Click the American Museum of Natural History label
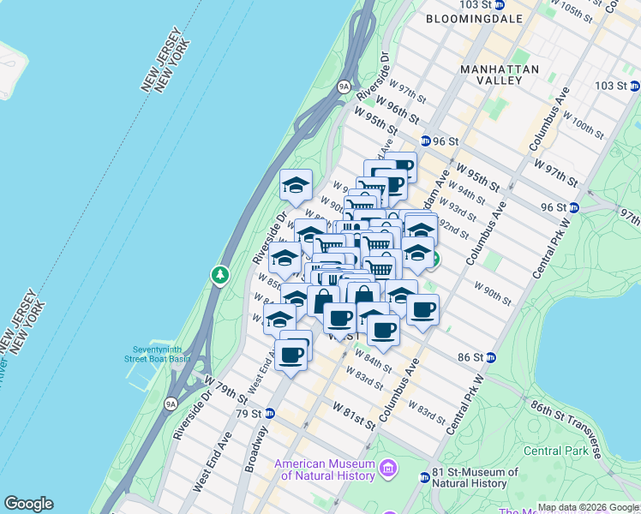[x=325, y=469]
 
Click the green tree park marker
[x=221, y=275]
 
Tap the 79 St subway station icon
[x=270, y=413]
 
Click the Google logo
[x=28, y=504]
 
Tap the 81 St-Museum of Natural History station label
[x=475, y=477]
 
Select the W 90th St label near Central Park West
[x=492, y=296]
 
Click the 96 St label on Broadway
[x=446, y=141]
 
